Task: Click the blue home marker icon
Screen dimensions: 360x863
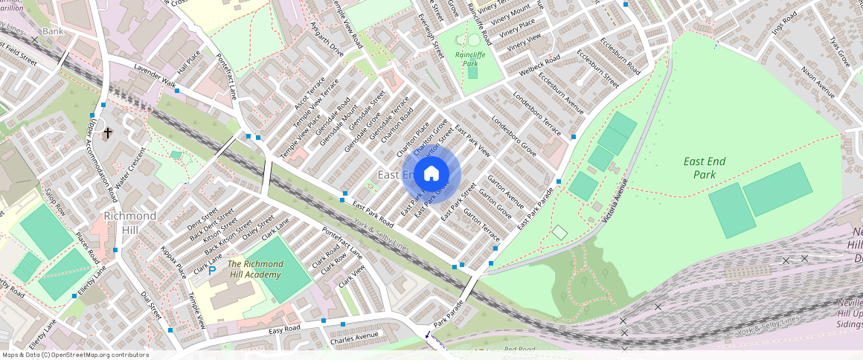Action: (x=431, y=175)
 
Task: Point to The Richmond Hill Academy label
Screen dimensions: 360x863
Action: (x=255, y=269)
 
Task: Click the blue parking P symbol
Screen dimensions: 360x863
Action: (x=212, y=271)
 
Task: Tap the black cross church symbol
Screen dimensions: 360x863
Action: (x=108, y=133)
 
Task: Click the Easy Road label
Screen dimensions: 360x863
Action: (x=284, y=329)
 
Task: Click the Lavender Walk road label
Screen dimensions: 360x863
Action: (x=153, y=77)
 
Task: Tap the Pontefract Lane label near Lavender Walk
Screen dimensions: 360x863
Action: (x=226, y=77)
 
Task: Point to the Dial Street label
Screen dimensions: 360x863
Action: (x=151, y=305)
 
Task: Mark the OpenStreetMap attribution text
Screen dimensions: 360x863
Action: (x=75, y=355)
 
